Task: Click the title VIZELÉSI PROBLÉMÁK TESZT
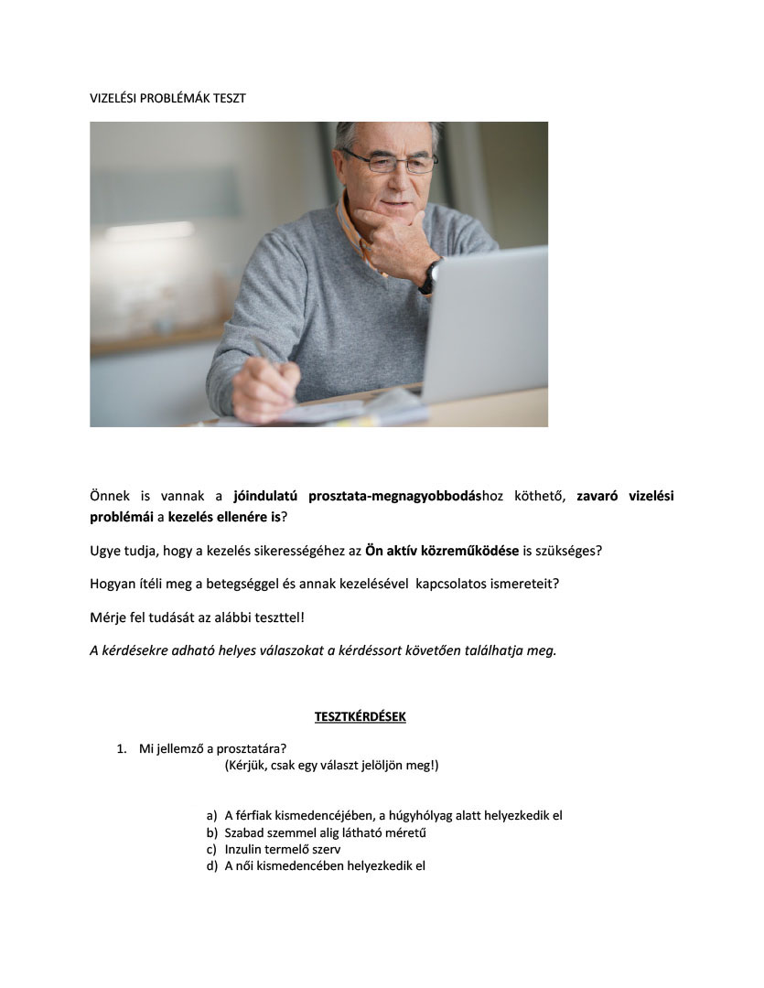click(x=167, y=98)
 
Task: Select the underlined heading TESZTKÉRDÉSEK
click(x=360, y=716)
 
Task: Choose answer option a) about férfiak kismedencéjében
click(x=393, y=815)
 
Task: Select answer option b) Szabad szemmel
click(x=325, y=832)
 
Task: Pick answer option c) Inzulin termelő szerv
click(x=283, y=849)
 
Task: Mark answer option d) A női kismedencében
click(x=325, y=866)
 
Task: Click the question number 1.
click(x=121, y=748)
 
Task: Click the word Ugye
click(x=106, y=551)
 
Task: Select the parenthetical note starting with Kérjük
click(x=331, y=765)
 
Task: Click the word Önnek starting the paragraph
click(x=109, y=497)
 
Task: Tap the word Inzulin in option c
click(x=244, y=849)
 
